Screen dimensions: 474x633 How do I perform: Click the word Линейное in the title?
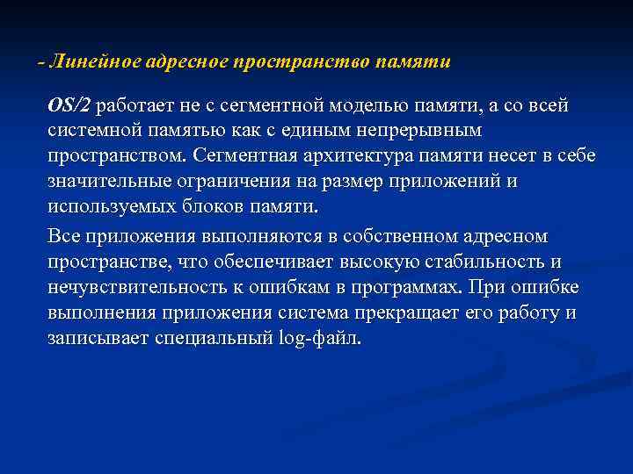[x=86, y=62]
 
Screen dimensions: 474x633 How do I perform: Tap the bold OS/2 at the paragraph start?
[x=69, y=105]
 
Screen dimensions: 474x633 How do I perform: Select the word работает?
[x=136, y=105]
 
